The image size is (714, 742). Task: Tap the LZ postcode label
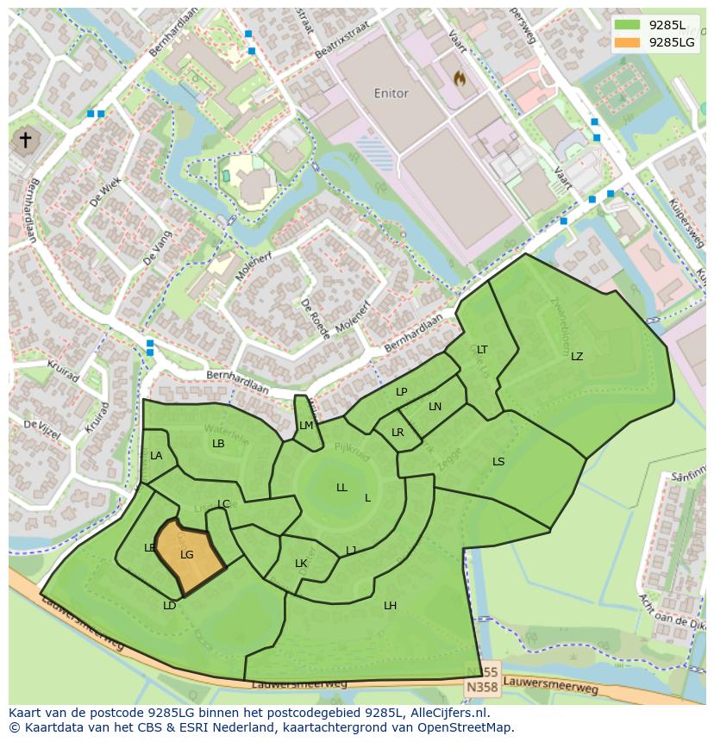[577, 357]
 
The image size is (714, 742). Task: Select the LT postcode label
[482, 350]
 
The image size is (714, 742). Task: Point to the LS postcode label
[498, 462]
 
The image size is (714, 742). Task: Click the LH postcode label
[390, 606]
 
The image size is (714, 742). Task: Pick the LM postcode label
[306, 426]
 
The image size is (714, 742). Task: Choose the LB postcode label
[218, 444]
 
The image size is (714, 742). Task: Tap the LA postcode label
[156, 456]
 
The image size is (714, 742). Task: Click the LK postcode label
[301, 564]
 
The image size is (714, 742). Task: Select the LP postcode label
[401, 392]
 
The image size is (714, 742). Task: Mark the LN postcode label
[435, 407]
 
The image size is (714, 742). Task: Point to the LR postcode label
[398, 433]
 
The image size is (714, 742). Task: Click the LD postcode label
[170, 606]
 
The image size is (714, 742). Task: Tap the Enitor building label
[391, 93]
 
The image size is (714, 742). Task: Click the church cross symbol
[26, 140]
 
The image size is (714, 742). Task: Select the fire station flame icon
[460, 78]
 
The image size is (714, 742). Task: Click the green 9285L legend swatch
[628, 25]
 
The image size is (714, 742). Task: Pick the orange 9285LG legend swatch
[628, 42]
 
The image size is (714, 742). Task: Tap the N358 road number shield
[481, 688]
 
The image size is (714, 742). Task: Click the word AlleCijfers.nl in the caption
[449, 713]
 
